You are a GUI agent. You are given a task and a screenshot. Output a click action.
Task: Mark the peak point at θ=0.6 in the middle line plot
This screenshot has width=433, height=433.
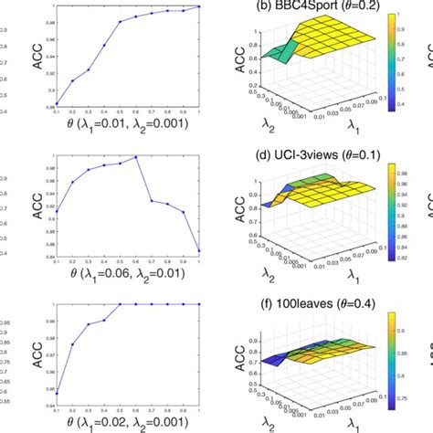[x=136, y=156]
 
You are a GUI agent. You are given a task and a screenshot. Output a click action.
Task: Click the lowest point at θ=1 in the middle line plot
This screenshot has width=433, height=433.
[x=199, y=250]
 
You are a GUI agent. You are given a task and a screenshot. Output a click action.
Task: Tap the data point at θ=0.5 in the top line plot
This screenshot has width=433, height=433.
[x=121, y=22]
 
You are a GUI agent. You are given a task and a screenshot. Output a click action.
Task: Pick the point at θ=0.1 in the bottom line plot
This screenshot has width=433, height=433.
[x=57, y=392]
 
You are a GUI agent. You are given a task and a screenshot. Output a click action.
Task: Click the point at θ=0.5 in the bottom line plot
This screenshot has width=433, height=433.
[x=121, y=305]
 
